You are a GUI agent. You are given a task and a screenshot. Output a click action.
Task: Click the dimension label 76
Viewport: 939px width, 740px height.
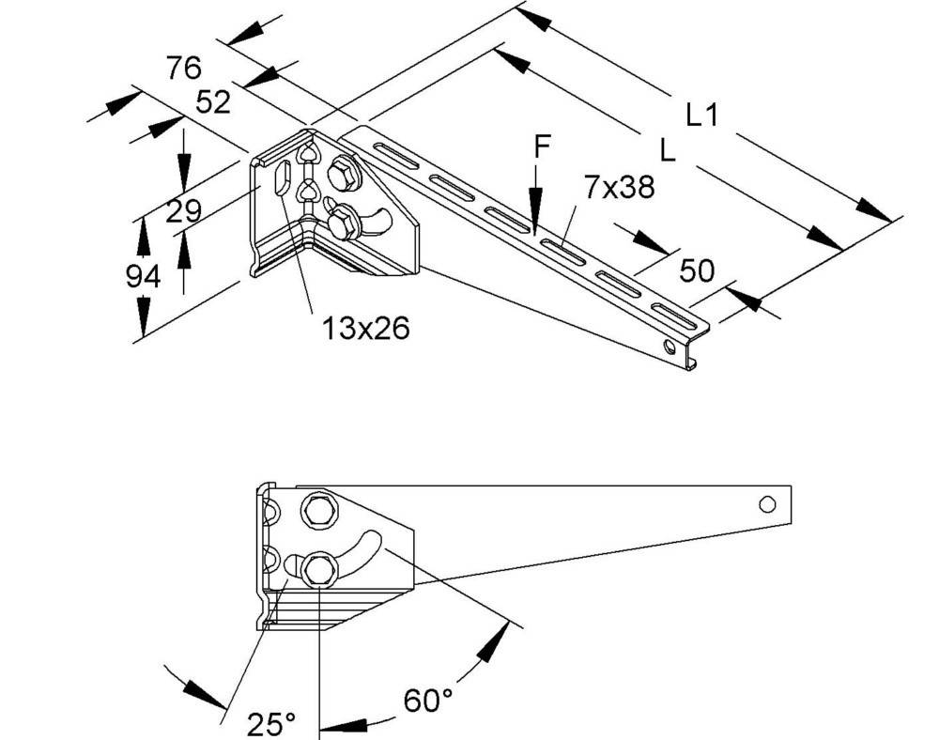(184, 69)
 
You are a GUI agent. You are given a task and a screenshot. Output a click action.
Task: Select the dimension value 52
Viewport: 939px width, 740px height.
(213, 101)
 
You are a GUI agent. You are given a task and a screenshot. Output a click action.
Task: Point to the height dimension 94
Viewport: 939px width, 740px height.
(144, 276)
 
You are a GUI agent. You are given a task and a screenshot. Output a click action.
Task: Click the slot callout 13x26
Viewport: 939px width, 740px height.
(366, 328)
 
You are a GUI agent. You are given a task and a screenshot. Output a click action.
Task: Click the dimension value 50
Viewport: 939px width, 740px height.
(697, 271)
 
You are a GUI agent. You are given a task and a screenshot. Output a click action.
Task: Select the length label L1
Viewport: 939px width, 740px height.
(701, 116)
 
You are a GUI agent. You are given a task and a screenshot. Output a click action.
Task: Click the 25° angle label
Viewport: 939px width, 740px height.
(270, 724)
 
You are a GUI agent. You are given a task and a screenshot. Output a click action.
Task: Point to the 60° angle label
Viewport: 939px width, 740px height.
(428, 700)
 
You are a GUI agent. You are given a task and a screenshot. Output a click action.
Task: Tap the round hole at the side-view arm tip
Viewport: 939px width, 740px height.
(767, 504)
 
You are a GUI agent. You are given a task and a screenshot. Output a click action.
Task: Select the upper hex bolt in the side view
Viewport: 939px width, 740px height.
(316, 511)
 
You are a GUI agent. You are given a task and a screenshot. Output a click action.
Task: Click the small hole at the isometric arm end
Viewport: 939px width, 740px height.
(669, 347)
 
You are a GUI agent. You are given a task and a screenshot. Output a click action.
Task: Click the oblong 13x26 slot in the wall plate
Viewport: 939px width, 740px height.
(281, 178)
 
